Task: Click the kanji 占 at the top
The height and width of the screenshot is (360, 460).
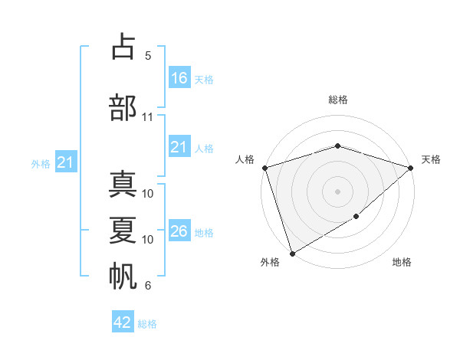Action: tap(123, 47)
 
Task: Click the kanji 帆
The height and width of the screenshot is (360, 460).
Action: tap(123, 276)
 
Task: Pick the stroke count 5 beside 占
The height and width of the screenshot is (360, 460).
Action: tap(147, 56)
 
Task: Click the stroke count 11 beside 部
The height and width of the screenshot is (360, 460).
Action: tap(148, 117)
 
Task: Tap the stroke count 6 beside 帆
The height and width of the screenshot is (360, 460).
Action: tap(147, 286)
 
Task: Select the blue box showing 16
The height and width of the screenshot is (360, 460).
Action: tap(179, 77)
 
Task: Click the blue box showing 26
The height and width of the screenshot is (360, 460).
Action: tap(179, 231)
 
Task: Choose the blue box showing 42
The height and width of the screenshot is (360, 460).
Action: tap(123, 322)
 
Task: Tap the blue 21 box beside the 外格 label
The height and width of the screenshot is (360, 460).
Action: tap(66, 162)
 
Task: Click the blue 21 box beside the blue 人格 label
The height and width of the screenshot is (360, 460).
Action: tap(179, 147)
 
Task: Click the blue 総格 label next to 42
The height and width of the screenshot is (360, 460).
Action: tap(147, 324)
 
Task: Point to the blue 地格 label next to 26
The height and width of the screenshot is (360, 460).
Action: tap(204, 233)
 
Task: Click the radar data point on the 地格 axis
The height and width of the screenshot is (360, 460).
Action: tap(356, 217)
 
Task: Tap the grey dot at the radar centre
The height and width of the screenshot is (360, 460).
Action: tap(337, 191)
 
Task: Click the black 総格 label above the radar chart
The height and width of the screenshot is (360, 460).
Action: tap(337, 100)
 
